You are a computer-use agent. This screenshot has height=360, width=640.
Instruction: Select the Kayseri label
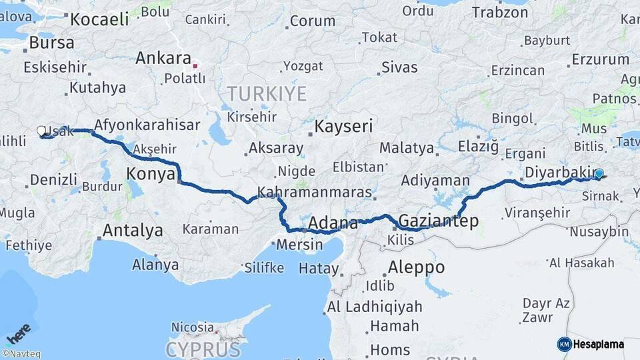coord(343,126)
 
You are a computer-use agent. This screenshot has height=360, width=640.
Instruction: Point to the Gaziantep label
coord(438,221)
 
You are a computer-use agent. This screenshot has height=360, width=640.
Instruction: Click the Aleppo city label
coord(416,267)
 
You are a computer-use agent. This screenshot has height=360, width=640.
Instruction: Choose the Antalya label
coord(133,231)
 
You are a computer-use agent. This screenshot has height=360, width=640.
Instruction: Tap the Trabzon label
coord(500,12)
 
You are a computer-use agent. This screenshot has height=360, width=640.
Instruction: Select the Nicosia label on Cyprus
coord(193,327)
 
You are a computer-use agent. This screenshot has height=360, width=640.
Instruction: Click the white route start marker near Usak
coord(41,131)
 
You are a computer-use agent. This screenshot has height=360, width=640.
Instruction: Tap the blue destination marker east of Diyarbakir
coord(599,174)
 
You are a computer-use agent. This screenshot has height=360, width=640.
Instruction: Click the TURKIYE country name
coord(267,92)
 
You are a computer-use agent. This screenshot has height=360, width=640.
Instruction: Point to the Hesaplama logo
coord(591,344)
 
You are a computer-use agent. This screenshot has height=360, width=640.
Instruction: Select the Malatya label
coord(407,147)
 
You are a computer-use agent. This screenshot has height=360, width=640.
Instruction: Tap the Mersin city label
coord(299,244)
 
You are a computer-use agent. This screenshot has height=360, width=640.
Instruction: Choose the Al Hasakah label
coord(581,263)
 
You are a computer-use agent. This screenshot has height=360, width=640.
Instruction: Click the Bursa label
coord(51,43)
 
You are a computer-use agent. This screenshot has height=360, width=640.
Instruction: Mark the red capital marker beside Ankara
coord(195,66)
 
